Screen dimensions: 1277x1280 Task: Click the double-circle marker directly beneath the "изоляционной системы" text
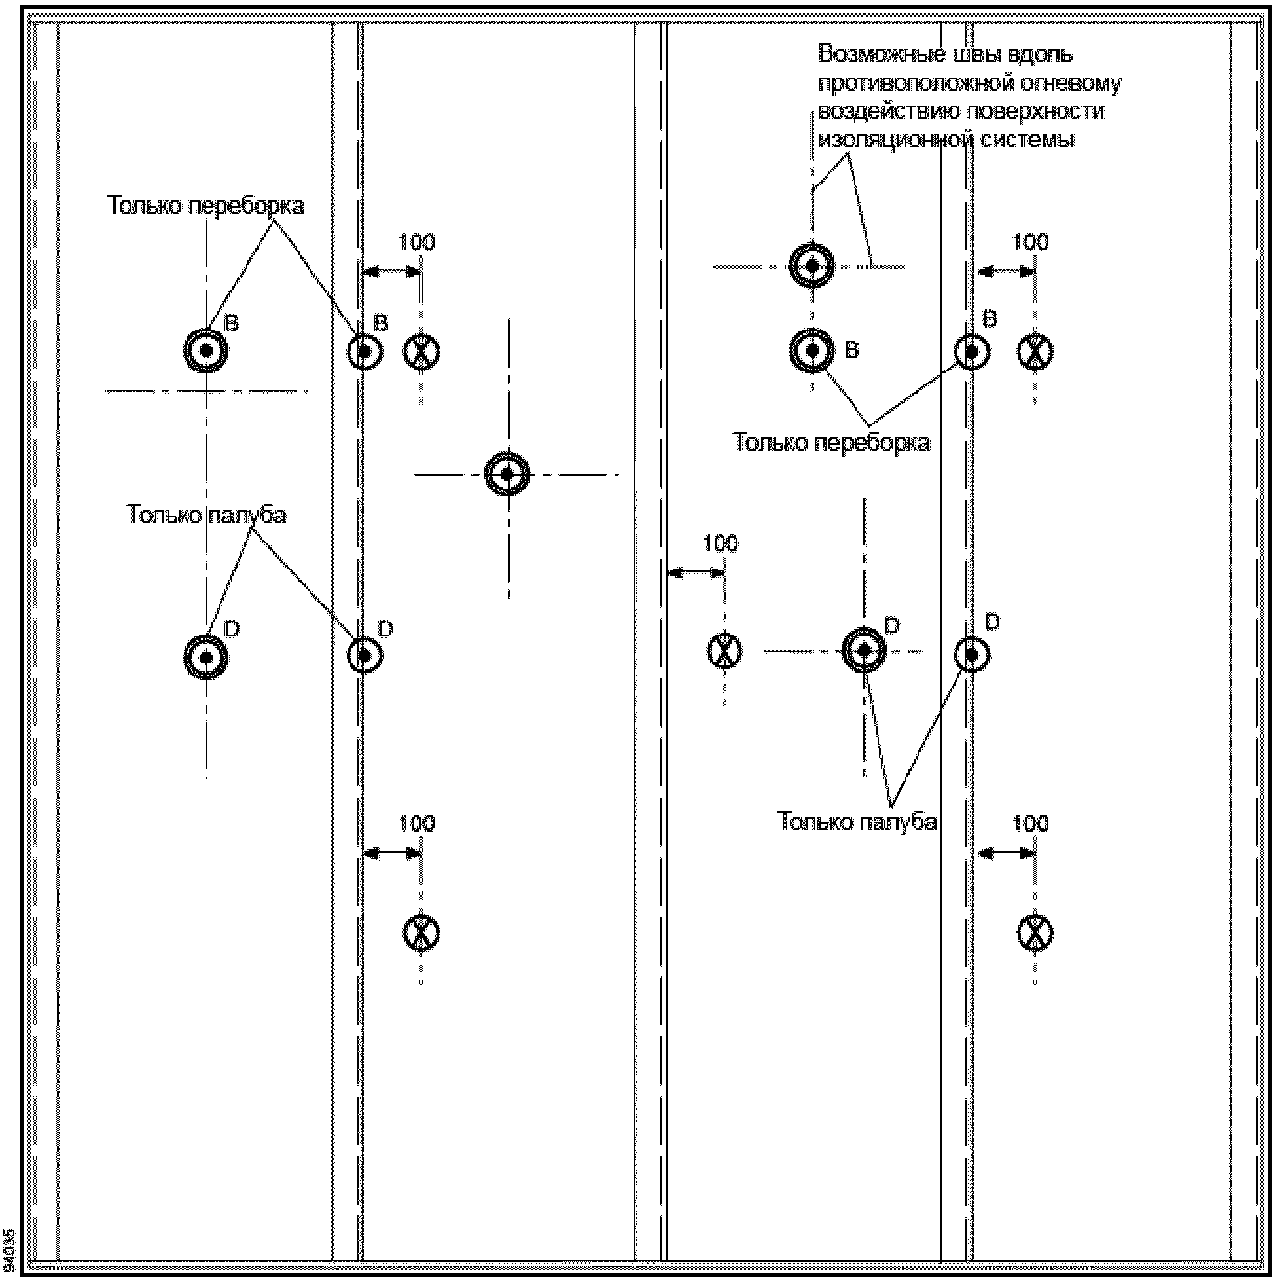pyautogui.click(x=812, y=266)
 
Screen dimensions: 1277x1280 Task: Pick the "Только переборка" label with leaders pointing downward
pyautogui.click(x=205, y=206)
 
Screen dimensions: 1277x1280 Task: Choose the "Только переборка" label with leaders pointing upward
pyautogui.click(x=832, y=442)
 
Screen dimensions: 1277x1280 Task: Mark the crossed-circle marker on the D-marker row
pyautogui.click(x=723, y=651)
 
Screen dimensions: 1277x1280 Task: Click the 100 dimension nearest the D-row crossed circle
pyautogui.click(x=719, y=544)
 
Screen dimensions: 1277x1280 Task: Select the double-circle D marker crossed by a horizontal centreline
pyautogui.click(x=864, y=651)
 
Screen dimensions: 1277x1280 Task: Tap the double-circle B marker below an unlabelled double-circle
pyautogui.click(x=812, y=350)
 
